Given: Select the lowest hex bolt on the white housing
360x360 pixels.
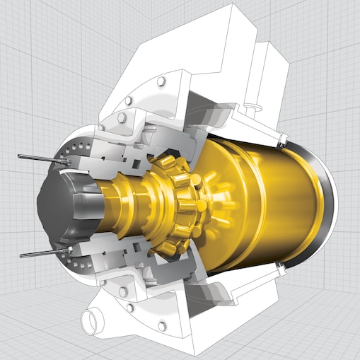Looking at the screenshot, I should click(x=162, y=326).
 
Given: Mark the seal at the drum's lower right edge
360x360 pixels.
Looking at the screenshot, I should click(x=283, y=266).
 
